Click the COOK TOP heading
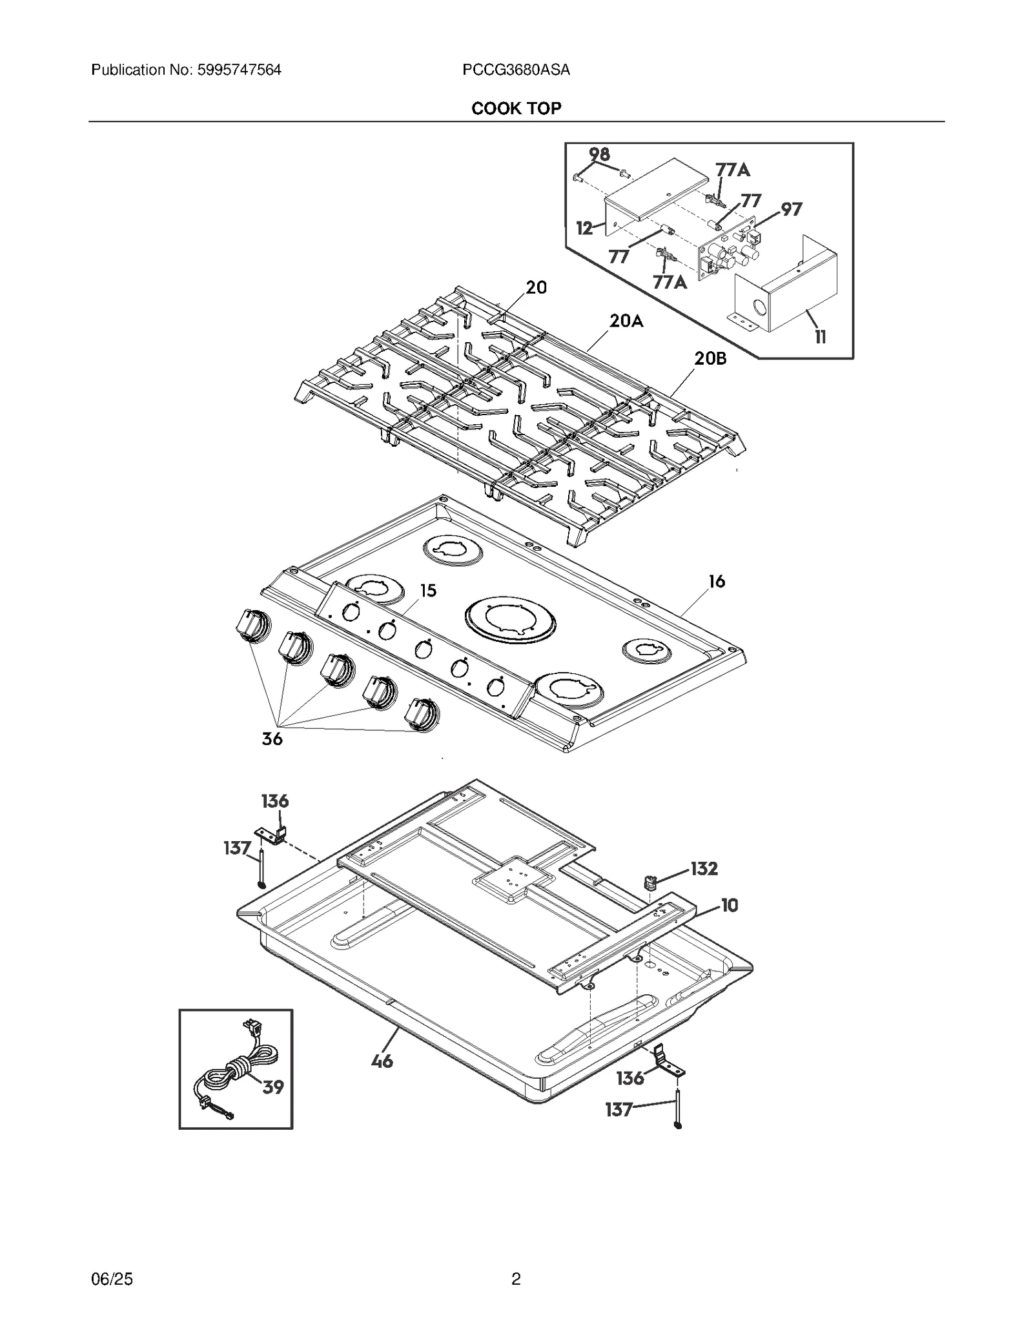516,108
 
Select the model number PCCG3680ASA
516,70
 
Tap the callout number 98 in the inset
599,154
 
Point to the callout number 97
792,209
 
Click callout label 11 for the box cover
820,337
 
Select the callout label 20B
710,358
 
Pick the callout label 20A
626,321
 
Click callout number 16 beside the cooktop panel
717,582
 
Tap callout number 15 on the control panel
428,591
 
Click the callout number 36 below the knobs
272,739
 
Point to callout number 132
704,869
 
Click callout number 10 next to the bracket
729,906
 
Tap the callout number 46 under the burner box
382,1061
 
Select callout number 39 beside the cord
272,1087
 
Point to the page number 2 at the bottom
516,1279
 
